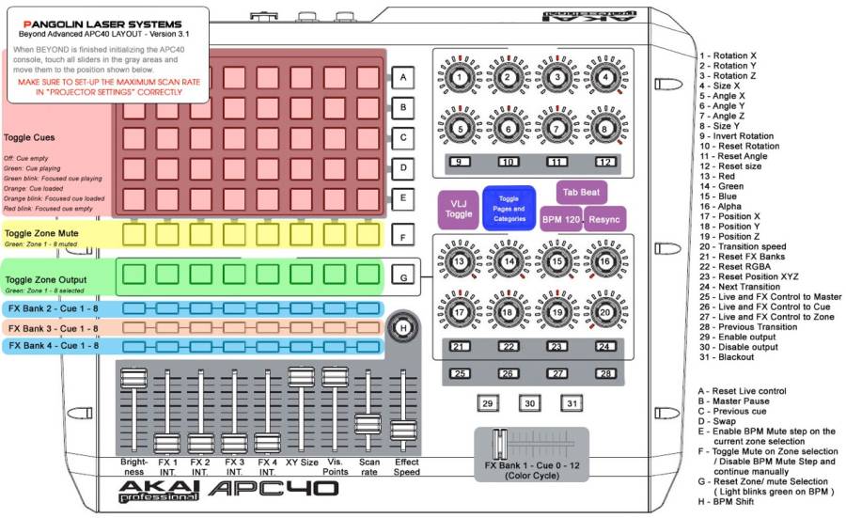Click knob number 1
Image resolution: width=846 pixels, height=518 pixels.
tap(458, 77)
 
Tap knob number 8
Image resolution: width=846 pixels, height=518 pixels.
tap(605, 127)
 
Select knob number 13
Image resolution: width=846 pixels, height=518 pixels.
tap(458, 262)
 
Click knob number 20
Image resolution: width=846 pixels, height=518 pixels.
tap(605, 312)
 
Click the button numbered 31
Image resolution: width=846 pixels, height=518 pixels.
tap(572, 403)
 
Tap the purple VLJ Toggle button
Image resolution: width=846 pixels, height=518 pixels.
tap(458, 209)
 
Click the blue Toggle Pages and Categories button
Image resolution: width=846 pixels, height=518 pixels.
tap(509, 207)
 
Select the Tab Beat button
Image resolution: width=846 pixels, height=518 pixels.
tap(581, 192)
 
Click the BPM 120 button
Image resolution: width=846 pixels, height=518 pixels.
tap(560, 218)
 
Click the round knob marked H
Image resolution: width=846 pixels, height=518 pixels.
tap(403, 327)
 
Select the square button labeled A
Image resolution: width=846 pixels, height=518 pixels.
tap(402, 77)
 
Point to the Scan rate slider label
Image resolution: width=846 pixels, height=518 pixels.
tap(369, 466)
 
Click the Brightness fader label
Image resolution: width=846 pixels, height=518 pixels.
tap(134, 466)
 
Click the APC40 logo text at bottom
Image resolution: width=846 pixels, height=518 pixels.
tap(273, 489)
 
